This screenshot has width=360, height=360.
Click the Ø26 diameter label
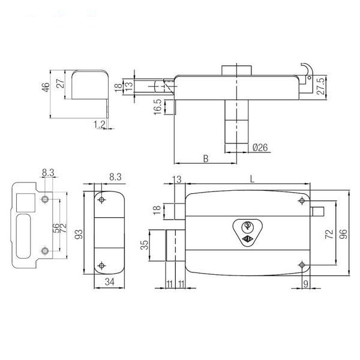point(260,148)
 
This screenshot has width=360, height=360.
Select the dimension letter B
point(206,158)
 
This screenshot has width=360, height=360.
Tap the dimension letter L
point(252,179)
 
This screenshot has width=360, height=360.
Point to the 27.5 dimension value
point(322,86)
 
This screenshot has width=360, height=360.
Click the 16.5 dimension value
point(158,107)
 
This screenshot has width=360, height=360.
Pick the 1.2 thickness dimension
point(100,124)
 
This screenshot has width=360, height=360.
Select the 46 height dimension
point(46,87)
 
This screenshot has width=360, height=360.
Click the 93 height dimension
point(79,234)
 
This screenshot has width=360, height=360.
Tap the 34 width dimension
point(109,282)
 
